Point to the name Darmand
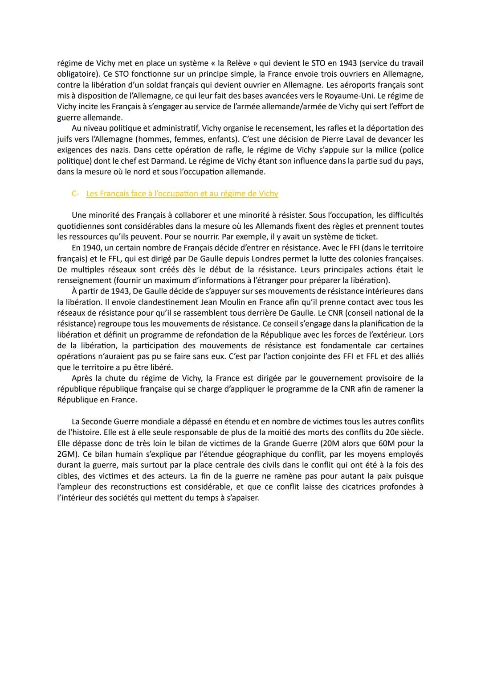pos(169,161)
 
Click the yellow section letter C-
pos(75,194)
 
